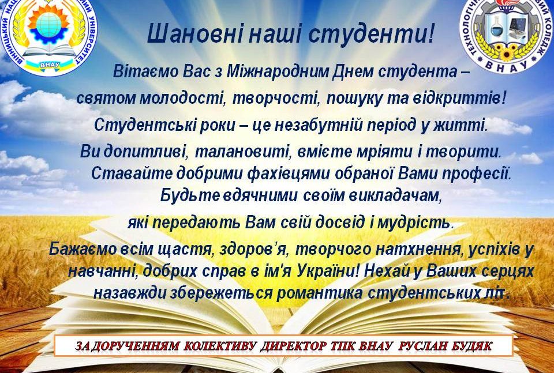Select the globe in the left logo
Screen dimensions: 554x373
[48, 24]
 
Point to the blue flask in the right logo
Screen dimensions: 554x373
[496, 29]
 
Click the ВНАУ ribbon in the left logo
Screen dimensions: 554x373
[50, 65]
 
